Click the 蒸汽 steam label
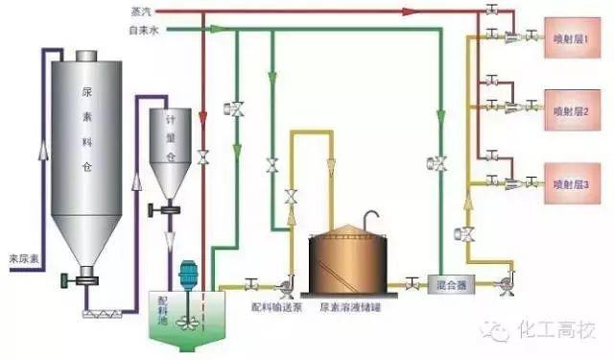pos(141,12)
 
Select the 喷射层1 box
pos(572,39)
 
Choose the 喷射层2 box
pos(572,109)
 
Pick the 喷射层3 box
pos(572,182)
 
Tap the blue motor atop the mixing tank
pos(188,273)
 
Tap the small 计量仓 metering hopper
pos(169,144)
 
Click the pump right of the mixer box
pos(504,284)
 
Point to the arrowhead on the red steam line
pos(410,12)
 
